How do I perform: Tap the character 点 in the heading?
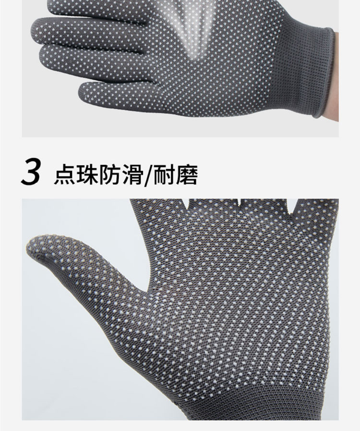point(64,174)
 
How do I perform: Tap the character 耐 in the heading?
point(164,174)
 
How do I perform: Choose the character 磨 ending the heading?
point(187,174)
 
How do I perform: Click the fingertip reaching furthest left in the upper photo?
point(35,30)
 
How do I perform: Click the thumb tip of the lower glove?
point(31,246)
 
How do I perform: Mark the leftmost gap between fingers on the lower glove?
point(189,203)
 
